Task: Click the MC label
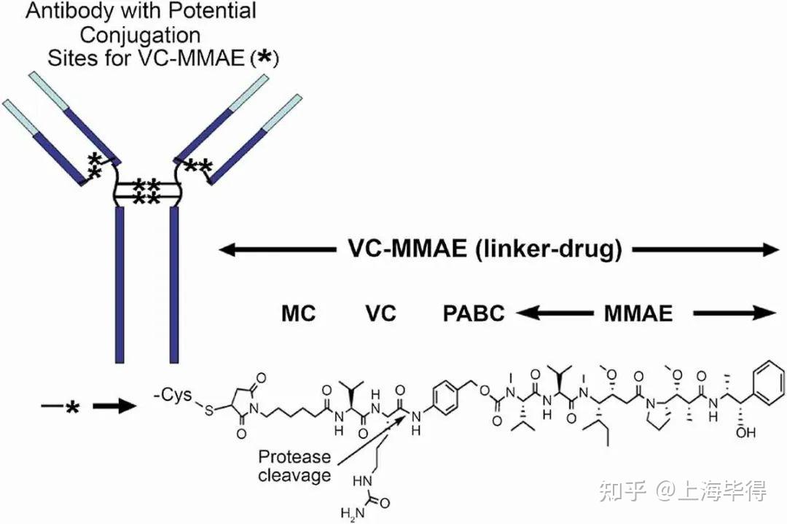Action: (298, 313)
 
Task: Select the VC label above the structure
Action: (380, 313)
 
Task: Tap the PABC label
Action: (474, 313)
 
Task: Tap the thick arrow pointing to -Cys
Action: (117, 405)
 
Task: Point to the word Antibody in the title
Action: (57, 11)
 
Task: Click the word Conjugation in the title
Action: (141, 34)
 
